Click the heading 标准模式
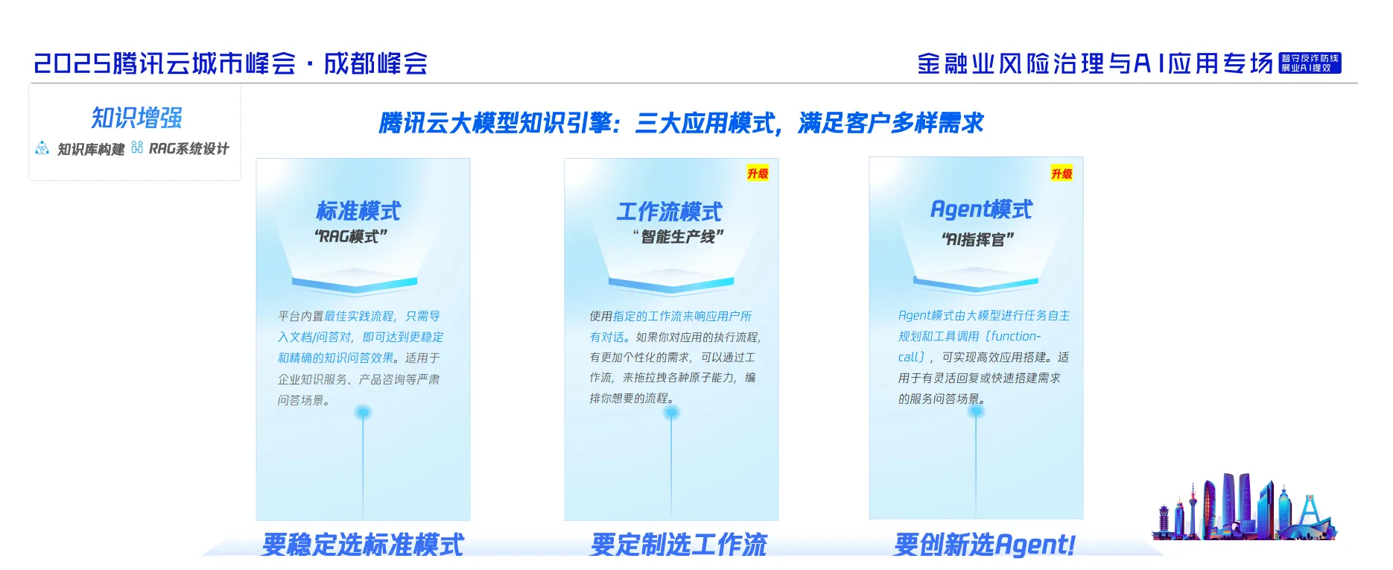point(358,212)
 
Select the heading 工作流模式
point(669,212)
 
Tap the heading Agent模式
point(981,210)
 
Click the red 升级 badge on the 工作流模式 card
point(758,174)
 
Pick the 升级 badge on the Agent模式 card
point(1062,174)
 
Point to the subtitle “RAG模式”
point(351,237)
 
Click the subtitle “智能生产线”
point(678,237)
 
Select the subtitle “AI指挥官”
point(977,240)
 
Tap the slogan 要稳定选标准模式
point(363,545)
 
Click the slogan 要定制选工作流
point(679,545)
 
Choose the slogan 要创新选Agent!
point(984,545)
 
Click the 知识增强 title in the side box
point(136,118)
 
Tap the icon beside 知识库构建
point(42,148)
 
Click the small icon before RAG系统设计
point(137,148)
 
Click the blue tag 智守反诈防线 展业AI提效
point(1310,63)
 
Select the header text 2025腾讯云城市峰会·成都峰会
point(231,63)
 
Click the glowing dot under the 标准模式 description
point(363,412)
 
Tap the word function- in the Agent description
point(1015,337)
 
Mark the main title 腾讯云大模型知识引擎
point(495,123)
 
